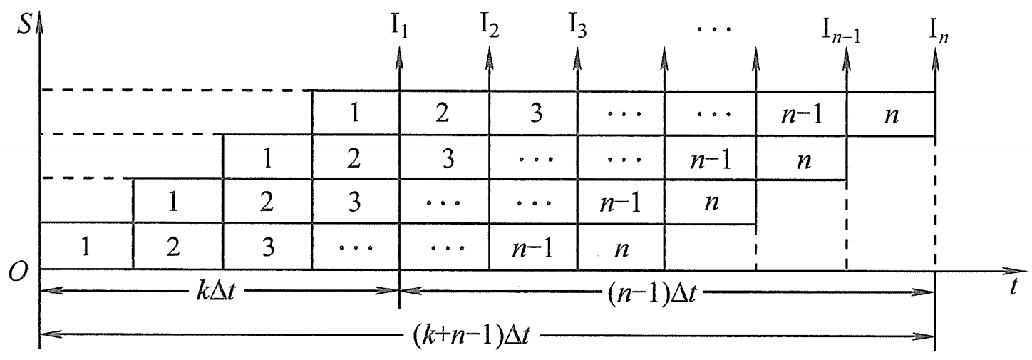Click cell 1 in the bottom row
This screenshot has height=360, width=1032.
[x=87, y=247]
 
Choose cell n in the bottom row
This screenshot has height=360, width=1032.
[x=620, y=247]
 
